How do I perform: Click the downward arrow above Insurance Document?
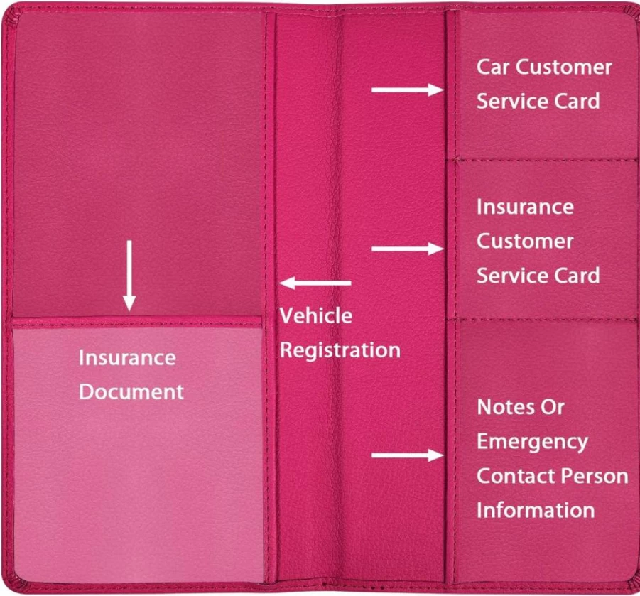point(129,276)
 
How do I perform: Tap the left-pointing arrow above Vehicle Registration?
point(315,283)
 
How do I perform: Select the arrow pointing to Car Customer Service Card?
point(407,90)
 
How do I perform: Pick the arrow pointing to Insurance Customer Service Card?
point(407,249)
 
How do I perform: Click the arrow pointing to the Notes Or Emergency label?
point(407,455)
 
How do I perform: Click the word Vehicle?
point(316,315)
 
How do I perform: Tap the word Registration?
point(340,351)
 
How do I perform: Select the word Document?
point(131,392)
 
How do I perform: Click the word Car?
point(493,67)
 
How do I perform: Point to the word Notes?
point(504,407)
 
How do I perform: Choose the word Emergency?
point(532,442)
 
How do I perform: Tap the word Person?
point(587,476)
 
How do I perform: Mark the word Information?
point(536,510)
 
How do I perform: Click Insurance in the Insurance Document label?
point(127,357)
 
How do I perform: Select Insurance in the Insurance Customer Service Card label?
point(526,207)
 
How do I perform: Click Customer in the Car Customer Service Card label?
point(564,67)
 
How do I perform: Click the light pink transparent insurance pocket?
point(138,451)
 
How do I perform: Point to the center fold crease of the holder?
point(336,298)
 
